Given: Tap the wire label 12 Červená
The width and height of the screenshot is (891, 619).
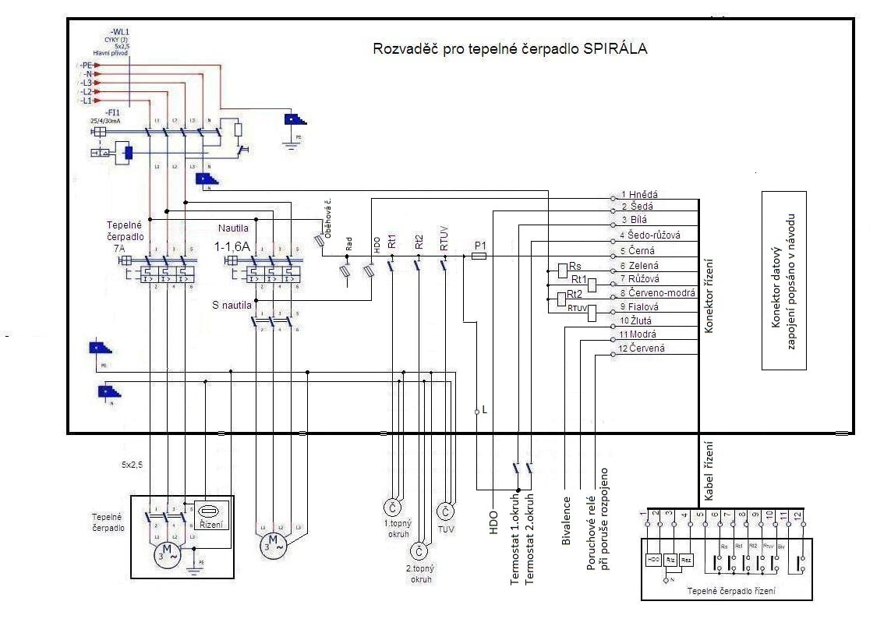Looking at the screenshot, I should coord(642,348).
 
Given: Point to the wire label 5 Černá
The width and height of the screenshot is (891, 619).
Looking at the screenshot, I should coord(638,251).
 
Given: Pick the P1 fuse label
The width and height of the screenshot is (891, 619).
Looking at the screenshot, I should coord(481,245).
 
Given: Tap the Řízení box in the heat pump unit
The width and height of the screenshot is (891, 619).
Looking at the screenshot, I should coord(211,518).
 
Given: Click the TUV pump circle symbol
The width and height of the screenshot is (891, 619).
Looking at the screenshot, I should coord(445,512).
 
